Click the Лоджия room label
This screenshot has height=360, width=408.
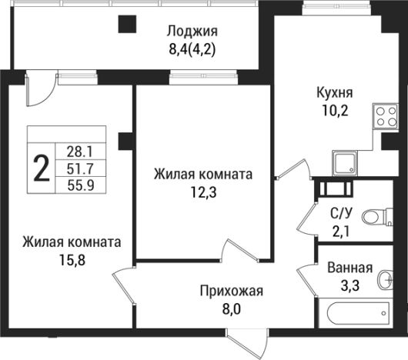click(193, 32)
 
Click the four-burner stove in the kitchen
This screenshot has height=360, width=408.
click(385, 116)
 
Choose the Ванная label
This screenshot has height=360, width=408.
click(349, 268)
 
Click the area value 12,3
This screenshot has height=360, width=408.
click(202, 192)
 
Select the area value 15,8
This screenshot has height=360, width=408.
click(71, 259)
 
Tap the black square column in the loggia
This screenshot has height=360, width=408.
click(124, 24)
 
